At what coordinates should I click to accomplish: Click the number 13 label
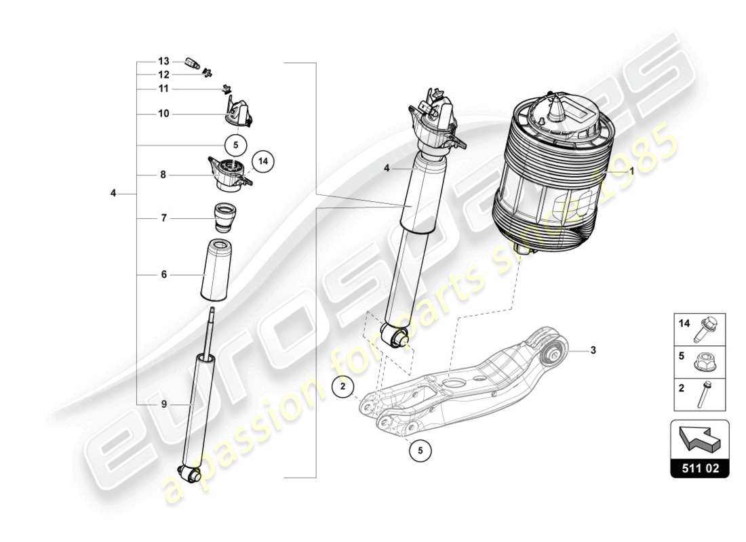pyautogui.click(x=163, y=61)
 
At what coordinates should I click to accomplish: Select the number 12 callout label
pyautogui.click(x=163, y=75)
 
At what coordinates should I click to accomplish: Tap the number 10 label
pyautogui.click(x=163, y=114)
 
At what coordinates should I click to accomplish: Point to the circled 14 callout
pyautogui.click(x=262, y=162)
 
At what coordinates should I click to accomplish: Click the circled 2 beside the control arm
pyautogui.click(x=343, y=388)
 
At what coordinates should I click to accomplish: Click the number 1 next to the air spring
pyautogui.click(x=631, y=172)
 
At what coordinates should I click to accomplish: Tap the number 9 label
pyautogui.click(x=163, y=404)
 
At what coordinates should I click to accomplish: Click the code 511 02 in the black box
pyautogui.click(x=699, y=467)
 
